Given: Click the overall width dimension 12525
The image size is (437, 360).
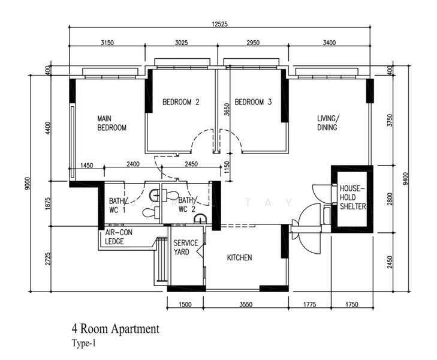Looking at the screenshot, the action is pos(219,24).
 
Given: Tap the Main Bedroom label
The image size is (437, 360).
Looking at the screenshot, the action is pos(111,123).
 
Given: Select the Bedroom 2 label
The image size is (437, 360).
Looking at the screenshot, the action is pos(181,102).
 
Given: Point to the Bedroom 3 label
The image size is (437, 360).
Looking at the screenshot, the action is pos(253,102).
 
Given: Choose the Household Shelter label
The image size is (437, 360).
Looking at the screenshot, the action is pos(352,197).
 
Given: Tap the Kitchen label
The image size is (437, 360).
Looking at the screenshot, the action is pos(239,257).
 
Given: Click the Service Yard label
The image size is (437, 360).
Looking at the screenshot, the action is pos(186,247).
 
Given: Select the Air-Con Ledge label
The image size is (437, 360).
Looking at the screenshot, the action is pos(119,237).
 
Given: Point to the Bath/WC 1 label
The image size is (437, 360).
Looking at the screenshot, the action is pos(118,205).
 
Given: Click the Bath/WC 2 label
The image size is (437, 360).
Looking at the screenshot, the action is pos(188,205).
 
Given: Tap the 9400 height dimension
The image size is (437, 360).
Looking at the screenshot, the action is pos(405,179).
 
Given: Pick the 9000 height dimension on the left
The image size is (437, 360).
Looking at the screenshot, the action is pos(27,183).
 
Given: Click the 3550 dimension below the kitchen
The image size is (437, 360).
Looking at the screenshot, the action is pos(246,304).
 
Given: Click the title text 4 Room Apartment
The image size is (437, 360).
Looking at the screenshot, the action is pos(116,329).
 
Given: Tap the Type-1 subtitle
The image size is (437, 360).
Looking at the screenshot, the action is pos(83,343).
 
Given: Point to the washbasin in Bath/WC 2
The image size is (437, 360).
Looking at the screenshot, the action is pos(200,218).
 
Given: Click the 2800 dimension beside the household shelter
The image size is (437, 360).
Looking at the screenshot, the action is pos(390,199).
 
